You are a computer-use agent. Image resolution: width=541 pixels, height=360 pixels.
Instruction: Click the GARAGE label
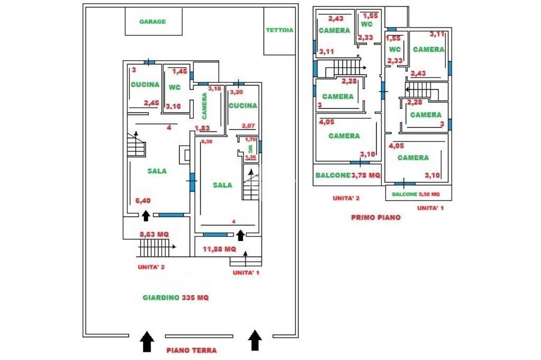pos(153,22)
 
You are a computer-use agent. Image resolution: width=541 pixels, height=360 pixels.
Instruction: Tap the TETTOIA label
pos(279,30)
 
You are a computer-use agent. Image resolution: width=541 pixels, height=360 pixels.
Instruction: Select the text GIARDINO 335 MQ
pos(176,298)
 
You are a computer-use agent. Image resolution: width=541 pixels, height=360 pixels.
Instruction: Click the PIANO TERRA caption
pos(191,350)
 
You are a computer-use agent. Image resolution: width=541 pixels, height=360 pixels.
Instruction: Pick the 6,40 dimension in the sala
pos(143,201)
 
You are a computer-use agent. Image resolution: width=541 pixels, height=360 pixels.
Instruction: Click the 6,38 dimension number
pos(207,141)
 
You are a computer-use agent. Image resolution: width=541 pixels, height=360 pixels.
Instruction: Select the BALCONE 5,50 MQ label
pos(416,194)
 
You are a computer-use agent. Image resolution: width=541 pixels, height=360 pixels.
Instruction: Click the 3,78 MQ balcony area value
pos(366,176)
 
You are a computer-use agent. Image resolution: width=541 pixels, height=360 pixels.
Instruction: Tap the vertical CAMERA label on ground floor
pos(205,106)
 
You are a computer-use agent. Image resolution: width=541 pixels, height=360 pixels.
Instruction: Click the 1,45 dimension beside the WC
pos(180,71)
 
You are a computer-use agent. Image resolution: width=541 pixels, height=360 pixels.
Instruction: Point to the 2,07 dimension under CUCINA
pos(248,126)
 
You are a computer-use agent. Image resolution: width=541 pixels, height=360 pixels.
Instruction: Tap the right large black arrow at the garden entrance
pos(255,340)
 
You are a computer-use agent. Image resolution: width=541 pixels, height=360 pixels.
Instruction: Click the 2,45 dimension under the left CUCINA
pos(151,103)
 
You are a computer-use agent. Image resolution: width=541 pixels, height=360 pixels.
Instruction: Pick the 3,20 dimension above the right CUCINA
pos(236,91)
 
